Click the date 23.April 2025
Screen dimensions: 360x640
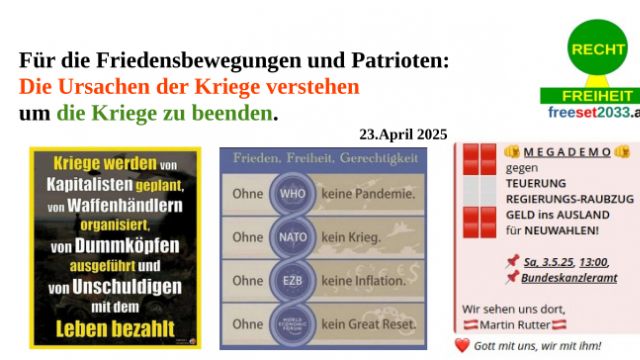(403, 134)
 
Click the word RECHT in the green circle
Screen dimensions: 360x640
(598, 49)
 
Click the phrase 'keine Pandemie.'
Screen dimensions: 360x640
(364, 194)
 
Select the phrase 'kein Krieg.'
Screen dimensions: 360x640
(352, 238)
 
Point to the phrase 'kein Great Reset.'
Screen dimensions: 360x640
(369, 324)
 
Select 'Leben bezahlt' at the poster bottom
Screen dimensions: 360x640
(116, 327)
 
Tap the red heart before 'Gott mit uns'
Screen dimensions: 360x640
(461, 345)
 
